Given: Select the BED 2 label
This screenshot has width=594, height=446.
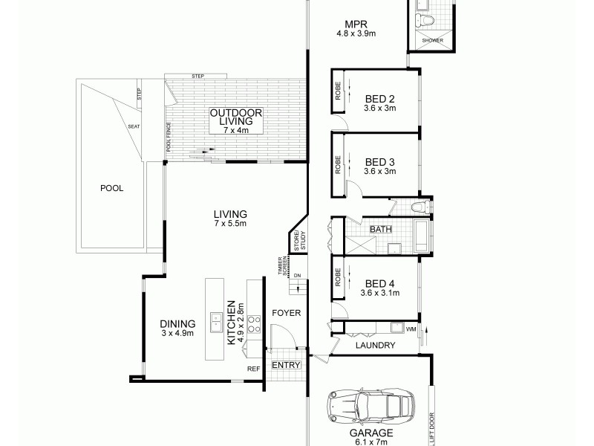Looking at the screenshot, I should pos(380,98).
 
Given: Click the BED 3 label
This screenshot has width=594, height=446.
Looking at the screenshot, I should pos(380,161).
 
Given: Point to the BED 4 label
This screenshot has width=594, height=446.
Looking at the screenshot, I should pos(380,282).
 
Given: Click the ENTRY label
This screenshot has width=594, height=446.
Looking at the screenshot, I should pos(286,365).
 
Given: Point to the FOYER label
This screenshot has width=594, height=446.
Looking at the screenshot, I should pos(286,313).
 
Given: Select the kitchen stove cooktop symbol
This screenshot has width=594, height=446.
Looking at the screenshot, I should pos(254,323).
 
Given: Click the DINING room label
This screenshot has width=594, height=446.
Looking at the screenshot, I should pos(177,323).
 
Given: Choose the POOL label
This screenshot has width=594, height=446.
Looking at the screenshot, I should pos(111,188).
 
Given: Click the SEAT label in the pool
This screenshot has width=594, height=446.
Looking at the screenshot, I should pos(134,126).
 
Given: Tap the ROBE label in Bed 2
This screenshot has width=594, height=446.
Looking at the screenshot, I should pos(337,89).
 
